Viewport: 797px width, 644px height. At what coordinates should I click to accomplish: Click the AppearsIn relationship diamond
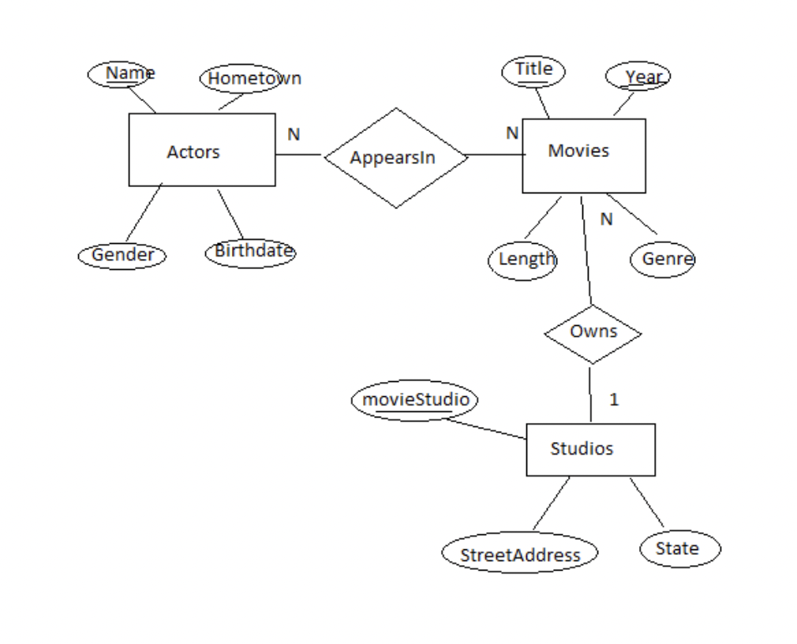[395, 158]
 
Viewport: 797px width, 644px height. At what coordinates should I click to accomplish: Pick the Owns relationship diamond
[593, 333]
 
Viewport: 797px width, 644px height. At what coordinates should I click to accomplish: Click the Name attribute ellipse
[120, 74]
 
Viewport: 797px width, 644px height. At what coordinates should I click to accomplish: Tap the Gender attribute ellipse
[122, 256]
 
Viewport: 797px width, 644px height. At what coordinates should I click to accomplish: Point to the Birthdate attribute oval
[250, 253]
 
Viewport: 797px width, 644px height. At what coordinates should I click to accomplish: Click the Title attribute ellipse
[533, 71]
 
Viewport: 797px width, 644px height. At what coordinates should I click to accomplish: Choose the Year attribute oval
[638, 77]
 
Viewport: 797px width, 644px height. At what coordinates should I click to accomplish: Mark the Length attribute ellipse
[522, 260]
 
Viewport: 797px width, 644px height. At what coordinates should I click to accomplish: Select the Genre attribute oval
[663, 260]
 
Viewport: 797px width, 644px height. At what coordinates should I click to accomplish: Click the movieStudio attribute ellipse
[415, 400]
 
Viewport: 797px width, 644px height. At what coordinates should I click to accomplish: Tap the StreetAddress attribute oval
[518, 554]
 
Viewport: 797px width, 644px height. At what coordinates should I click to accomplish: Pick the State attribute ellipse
[678, 549]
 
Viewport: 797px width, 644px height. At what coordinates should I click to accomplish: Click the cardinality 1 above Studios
[614, 400]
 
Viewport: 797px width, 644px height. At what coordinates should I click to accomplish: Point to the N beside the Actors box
[294, 135]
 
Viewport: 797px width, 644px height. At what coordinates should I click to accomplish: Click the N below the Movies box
[606, 219]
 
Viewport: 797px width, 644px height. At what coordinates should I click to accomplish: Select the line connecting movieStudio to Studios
[485, 428]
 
